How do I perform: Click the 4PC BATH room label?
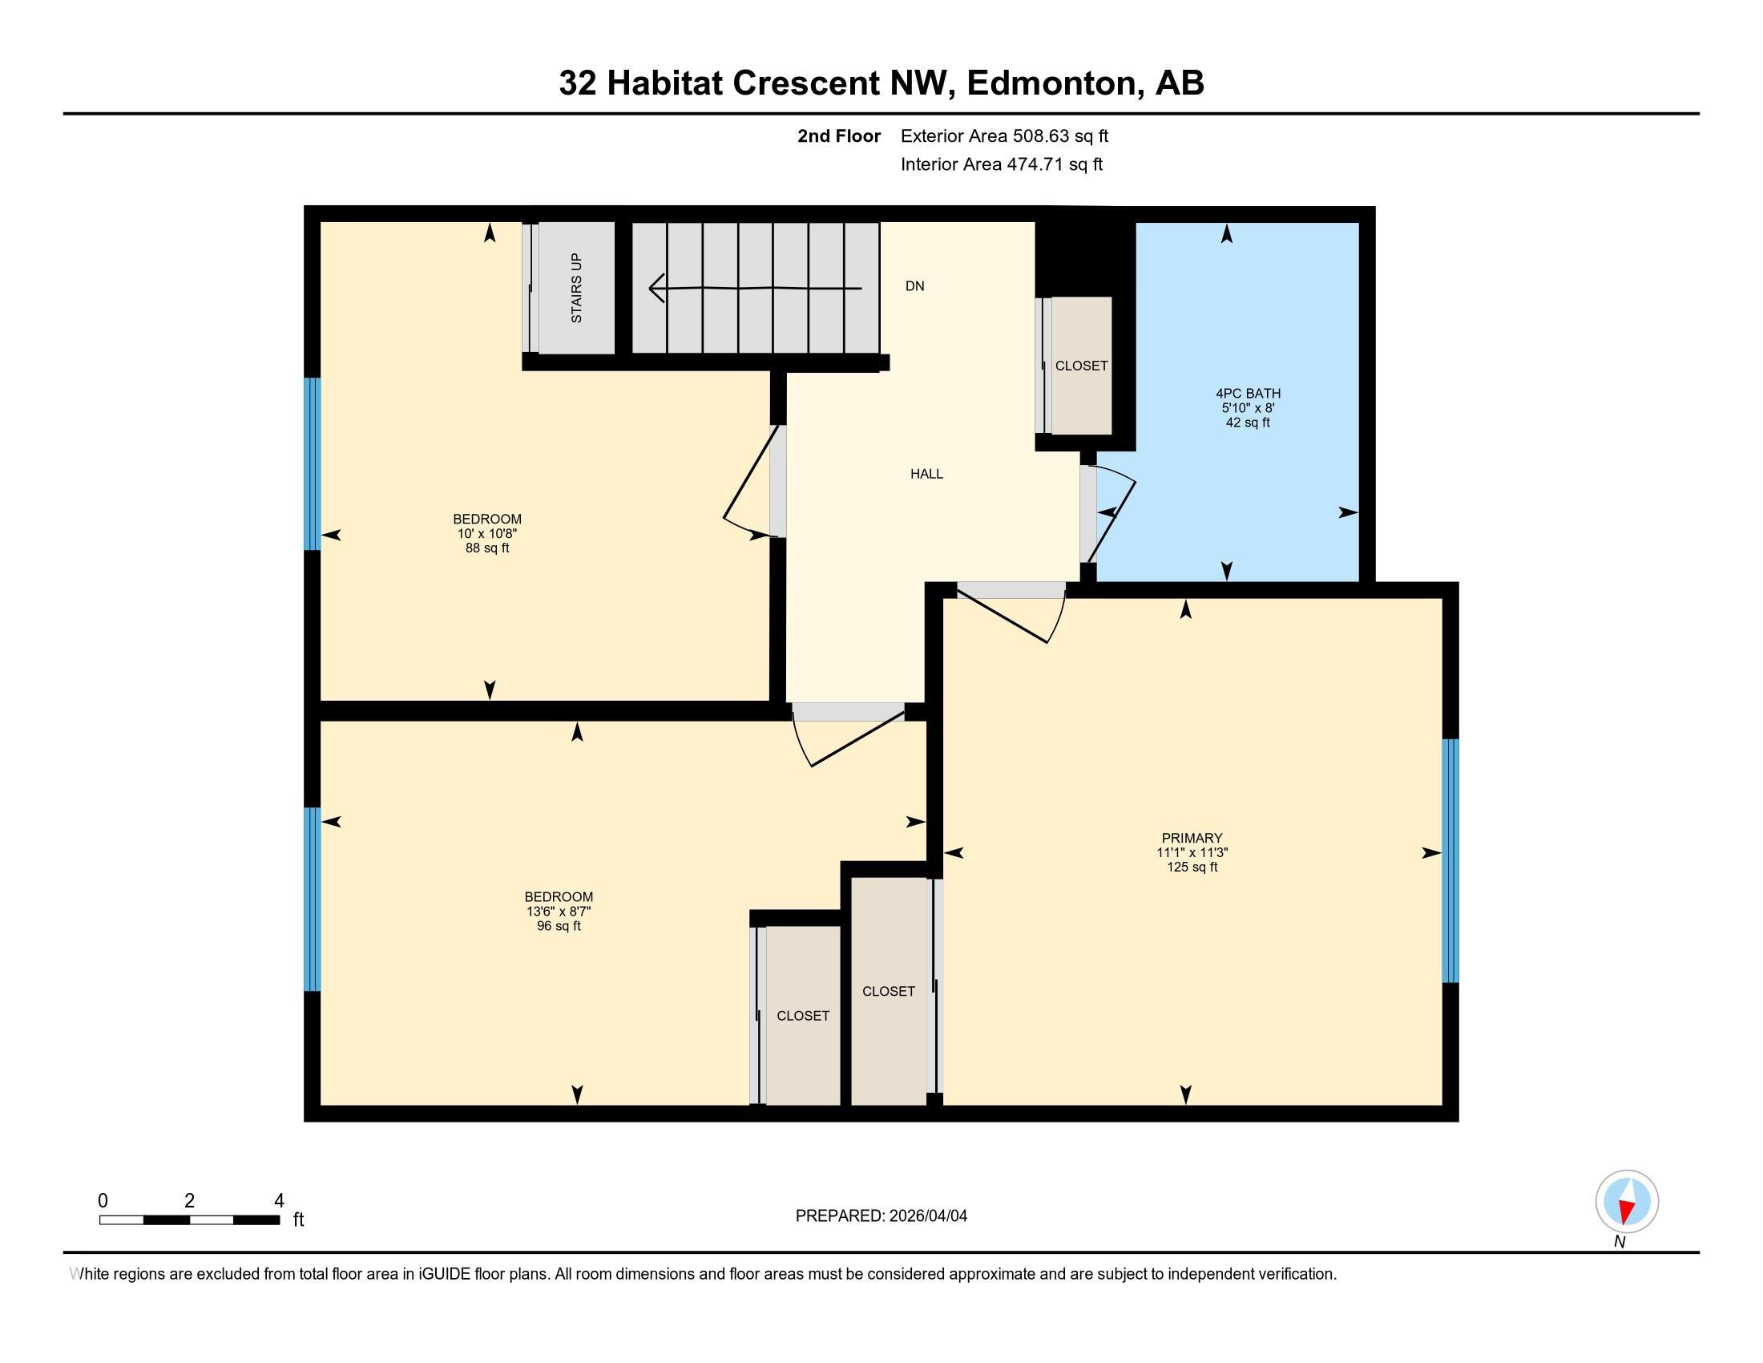point(1247,394)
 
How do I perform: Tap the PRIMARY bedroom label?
point(1192,838)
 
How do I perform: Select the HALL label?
point(926,474)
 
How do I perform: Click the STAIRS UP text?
point(576,289)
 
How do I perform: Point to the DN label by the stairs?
point(914,286)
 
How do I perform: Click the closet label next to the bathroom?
point(1081,366)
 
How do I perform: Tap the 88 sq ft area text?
point(486,548)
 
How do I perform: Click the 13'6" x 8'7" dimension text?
point(559,912)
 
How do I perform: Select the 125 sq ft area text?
point(1192,868)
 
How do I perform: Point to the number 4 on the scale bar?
point(279,1201)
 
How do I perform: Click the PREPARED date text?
point(881,1216)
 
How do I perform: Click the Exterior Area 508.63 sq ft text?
point(1004,136)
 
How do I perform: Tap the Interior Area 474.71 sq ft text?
point(1001,164)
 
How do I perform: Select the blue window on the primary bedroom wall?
point(1450,860)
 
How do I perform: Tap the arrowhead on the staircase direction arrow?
point(656,288)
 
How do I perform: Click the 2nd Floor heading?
point(838,136)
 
